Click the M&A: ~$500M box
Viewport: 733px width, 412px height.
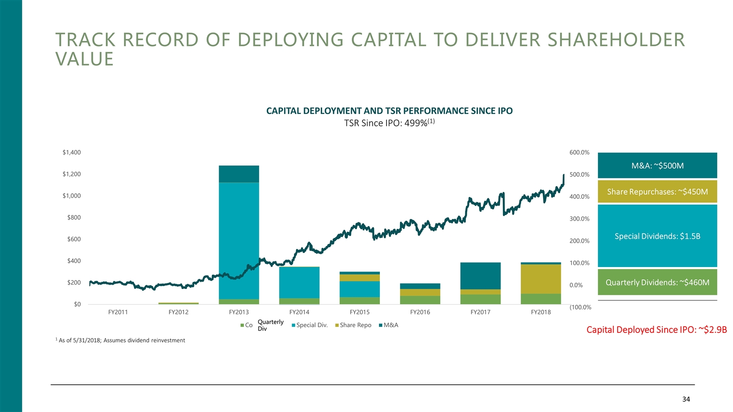tap(657, 165)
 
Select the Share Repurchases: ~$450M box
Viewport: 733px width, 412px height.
tap(657, 192)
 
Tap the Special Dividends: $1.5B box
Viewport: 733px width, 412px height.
tap(657, 236)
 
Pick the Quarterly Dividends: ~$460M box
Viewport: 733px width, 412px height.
tap(657, 282)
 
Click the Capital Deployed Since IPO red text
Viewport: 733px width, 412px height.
tap(656, 330)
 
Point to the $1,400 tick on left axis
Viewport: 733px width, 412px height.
tap(72, 153)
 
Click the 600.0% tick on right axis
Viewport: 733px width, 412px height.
tap(579, 153)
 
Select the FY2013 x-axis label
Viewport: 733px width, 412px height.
tap(239, 312)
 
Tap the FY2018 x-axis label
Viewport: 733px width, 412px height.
tap(541, 312)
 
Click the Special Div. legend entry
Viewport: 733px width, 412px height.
tap(312, 325)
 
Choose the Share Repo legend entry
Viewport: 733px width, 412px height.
tap(355, 325)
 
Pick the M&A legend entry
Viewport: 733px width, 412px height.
tap(390, 325)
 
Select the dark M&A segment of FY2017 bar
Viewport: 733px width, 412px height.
tap(480, 276)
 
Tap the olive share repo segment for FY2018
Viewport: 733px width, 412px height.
tap(541, 279)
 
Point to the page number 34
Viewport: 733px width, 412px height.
tap(686, 399)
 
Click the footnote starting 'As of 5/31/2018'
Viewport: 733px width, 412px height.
tap(121, 340)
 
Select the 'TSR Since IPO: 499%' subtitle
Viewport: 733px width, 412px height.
tap(389, 123)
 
